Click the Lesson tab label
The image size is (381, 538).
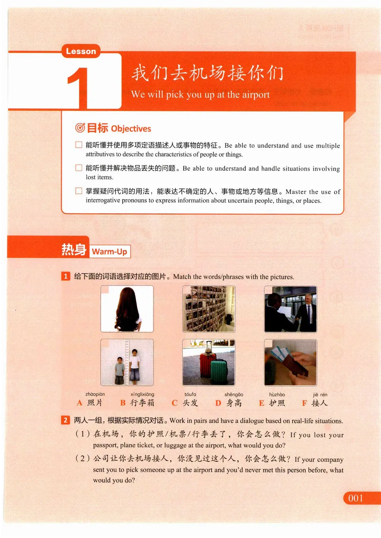click(x=81, y=51)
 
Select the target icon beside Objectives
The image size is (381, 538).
click(x=80, y=128)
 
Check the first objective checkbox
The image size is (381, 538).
click(x=79, y=145)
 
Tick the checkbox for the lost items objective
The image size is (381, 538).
click(x=79, y=168)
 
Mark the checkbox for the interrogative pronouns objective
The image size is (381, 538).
click(x=79, y=191)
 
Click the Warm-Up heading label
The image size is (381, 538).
click(x=110, y=252)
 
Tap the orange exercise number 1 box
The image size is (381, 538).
click(x=65, y=276)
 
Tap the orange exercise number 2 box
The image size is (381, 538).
click(x=65, y=420)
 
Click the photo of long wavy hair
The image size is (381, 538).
click(x=127, y=309)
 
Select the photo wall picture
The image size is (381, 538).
click(x=209, y=309)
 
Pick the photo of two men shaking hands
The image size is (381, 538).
click(x=291, y=309)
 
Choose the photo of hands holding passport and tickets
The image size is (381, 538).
click(x=291, y=363)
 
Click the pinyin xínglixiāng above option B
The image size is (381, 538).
click(x=142, y=394)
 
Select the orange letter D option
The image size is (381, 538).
click(x=218, y=403)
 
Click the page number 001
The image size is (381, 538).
click(x=356, y=498)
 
